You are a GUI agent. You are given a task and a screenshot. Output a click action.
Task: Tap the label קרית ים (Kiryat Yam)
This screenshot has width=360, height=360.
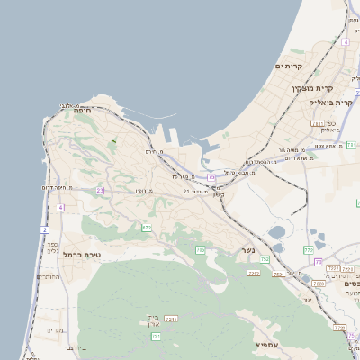(292, 66)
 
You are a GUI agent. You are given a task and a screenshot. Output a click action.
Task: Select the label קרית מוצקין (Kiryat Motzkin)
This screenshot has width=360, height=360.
(312, 88)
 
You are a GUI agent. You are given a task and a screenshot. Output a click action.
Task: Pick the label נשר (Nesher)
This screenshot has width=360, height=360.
(248, 250)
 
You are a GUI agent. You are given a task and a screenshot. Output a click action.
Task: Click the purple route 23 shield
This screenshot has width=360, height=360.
(100, 191)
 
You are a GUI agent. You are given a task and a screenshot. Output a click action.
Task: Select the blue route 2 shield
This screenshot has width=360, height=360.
(44, 229)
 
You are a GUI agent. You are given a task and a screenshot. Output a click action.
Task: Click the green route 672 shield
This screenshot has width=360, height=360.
(147, 228)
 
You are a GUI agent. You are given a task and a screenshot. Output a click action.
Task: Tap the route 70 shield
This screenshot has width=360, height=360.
(318, 262)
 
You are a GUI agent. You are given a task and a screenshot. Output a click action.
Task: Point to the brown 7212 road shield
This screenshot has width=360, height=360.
(254, 273)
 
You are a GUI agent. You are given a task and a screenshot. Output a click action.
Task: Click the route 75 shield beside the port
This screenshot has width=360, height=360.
(211, 177)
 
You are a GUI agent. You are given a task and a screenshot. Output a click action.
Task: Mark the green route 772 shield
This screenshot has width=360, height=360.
(309, 249)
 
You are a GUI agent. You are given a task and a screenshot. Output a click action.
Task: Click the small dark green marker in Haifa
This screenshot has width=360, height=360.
(113, 141)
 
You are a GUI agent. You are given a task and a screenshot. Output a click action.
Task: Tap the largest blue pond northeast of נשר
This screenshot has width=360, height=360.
(277, 230)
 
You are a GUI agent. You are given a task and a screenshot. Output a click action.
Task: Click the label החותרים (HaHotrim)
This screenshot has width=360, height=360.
(49, 277)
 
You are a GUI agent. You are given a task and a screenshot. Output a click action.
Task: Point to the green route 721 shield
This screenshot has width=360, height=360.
(156, 337)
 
